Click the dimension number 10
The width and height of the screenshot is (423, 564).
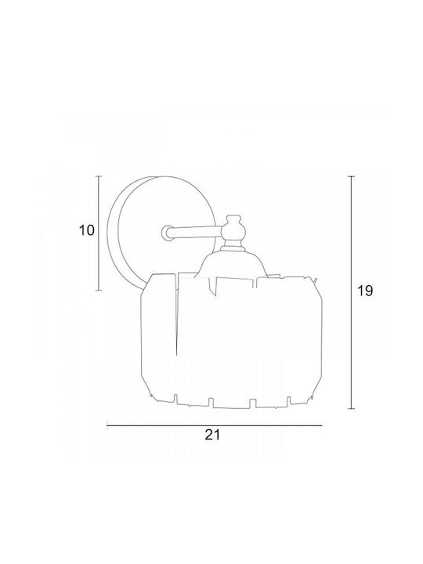coord(86,230)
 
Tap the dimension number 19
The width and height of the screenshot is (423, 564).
coord(365,291)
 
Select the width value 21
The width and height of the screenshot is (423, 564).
coord(212,435)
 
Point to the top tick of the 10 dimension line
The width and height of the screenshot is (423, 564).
coord(99,176)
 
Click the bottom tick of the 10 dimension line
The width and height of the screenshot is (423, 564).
coord(99,290)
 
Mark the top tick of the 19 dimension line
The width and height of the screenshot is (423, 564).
coord(352,176)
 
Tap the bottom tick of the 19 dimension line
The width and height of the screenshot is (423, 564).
coord(352,409)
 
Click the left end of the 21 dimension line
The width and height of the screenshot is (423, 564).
coord(107,425)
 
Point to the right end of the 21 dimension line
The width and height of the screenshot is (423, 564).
coord(322,425)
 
